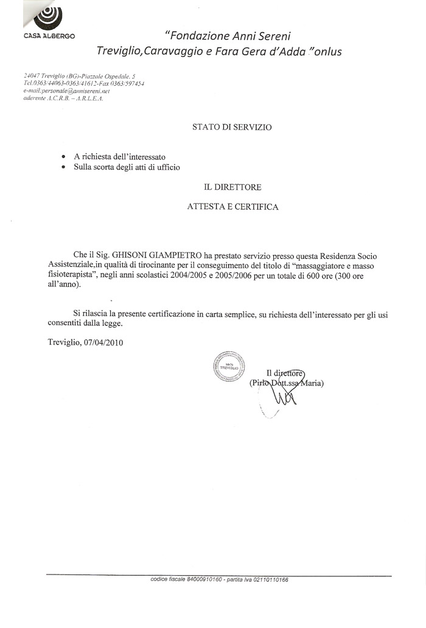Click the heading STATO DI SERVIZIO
[232, 127]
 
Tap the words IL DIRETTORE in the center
[232, 187]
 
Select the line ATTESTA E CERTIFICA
[232, 207]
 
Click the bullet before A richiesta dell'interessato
[63, 157]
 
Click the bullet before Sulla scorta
[63, 167]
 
